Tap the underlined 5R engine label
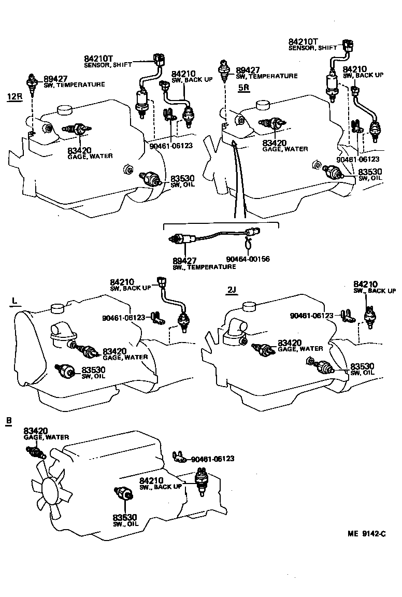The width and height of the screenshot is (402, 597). pyautogui.click(x=243, y=88)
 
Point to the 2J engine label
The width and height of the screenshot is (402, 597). pyautogui.click(x=232, y=290)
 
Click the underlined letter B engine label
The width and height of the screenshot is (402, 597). pyautogui.click(x=9, y=420)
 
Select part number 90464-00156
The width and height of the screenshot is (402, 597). pyautogui.click(x=248, y=259)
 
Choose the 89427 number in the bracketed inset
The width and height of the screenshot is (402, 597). pyautogui.click(x=184, y=260)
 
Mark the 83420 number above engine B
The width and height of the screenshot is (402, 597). pyautogui.click(x=36, y=431)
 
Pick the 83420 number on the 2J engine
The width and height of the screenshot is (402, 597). pyautogui.click(x=290, y=343)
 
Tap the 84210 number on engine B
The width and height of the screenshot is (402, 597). pyautogui.click(x=152, y=480)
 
